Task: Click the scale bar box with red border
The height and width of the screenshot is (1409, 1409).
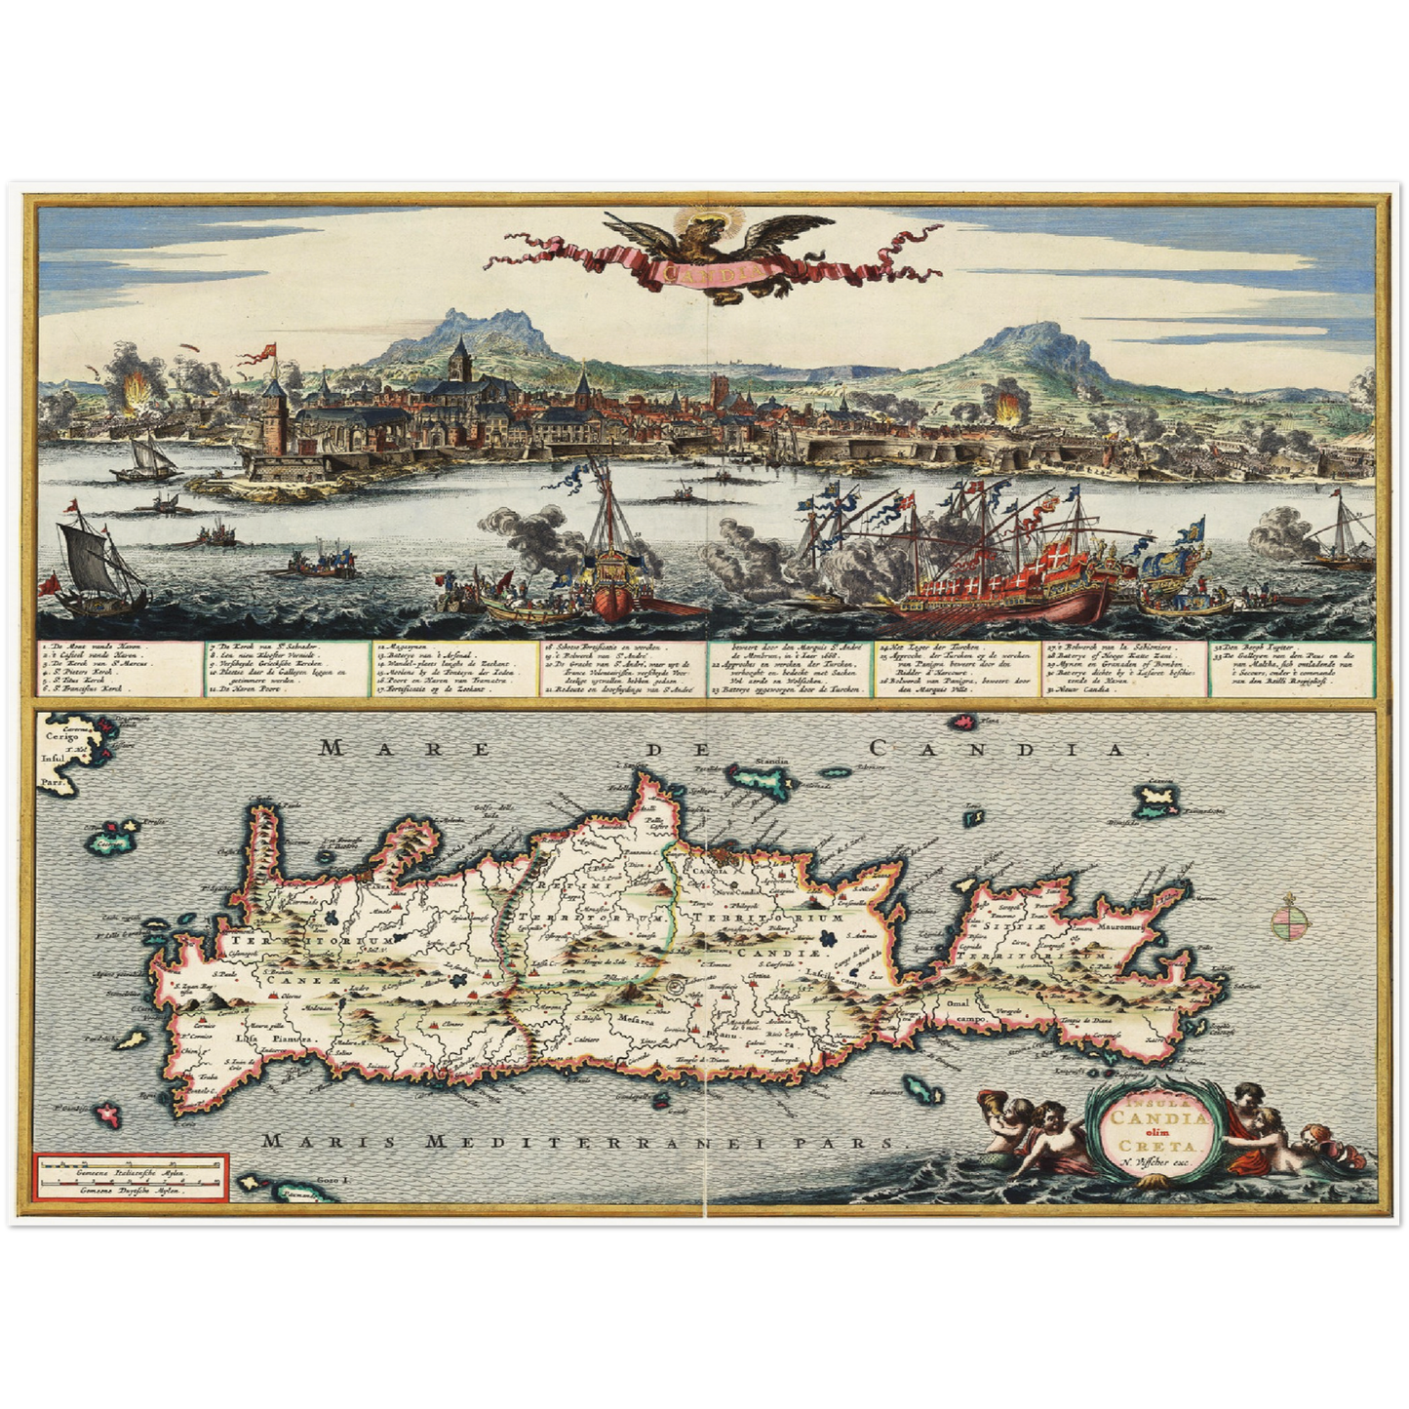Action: [131, 1178]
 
